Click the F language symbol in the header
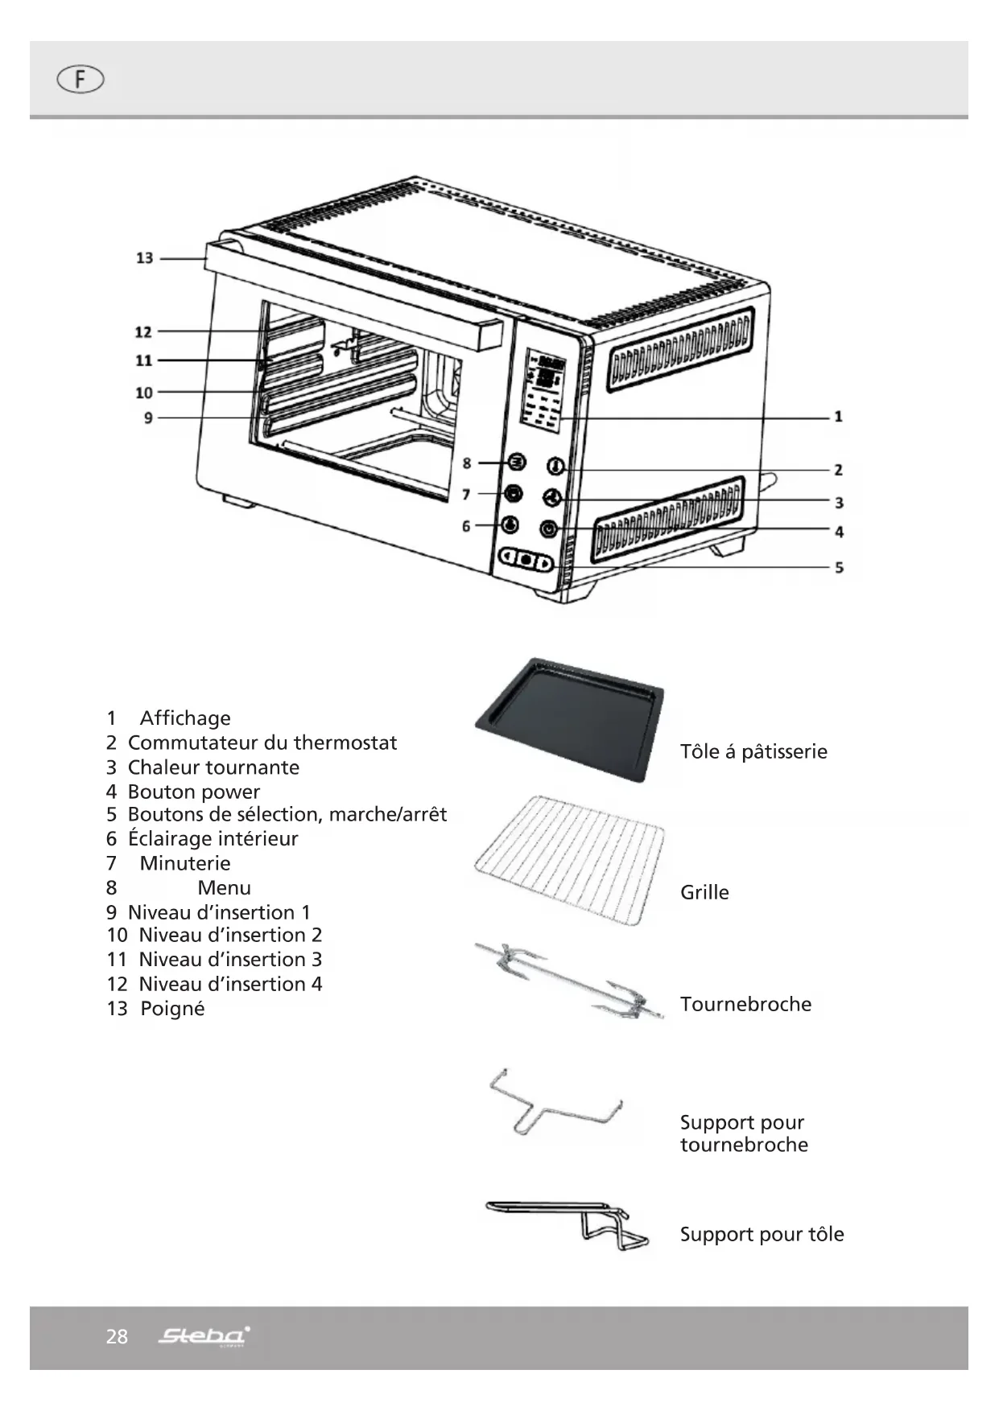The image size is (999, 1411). pos(80,80)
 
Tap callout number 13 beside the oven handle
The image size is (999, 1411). pos(144,258)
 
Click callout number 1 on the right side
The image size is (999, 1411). pos(838,417)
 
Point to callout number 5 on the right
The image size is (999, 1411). pos(839,568)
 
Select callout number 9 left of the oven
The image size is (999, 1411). pos(148,418)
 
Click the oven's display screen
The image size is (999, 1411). pos(544,390)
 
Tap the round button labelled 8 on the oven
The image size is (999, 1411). pos(516,463)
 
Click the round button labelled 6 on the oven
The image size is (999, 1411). pos(510,525)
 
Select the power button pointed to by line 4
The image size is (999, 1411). pos(549,529)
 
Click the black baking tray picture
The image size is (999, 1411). pos(570,718)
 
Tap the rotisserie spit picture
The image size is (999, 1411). pos(570,980)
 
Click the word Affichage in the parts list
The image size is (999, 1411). pos(185,718)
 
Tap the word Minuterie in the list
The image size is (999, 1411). pos(185,864)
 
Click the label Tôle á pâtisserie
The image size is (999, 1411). pos(753,752)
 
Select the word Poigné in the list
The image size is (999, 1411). pos(172,1009)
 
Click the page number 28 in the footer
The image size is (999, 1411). pos(117,1337)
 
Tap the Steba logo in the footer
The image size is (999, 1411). pos(204,1337)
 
